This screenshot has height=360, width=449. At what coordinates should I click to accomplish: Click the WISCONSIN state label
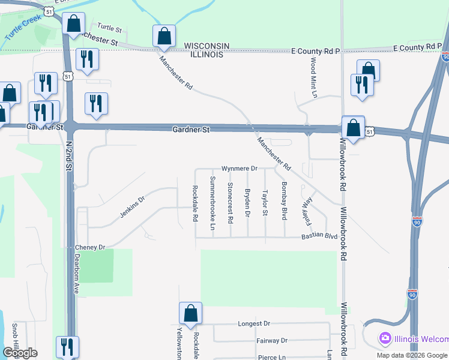[207, 46]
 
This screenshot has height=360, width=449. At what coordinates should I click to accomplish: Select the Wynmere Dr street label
[239, 169]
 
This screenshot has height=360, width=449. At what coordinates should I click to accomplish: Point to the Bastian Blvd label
[319, 236]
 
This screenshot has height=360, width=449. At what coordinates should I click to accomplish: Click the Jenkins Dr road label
[133, 206]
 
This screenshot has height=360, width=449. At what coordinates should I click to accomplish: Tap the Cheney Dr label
[90, 247]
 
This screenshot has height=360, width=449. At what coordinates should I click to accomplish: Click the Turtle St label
[109, 28]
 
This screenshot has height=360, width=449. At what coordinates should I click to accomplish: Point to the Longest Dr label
[254, 323]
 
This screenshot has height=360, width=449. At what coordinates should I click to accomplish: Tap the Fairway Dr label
[271, 340]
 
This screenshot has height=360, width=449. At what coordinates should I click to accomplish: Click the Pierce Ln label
[267, 357]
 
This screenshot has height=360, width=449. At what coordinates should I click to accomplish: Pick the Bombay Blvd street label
[284, 200]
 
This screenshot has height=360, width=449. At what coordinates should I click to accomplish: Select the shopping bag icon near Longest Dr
[190, 313]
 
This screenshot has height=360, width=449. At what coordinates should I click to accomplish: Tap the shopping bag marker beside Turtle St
[74, 24]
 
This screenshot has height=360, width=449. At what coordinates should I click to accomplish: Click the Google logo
[20, 353]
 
